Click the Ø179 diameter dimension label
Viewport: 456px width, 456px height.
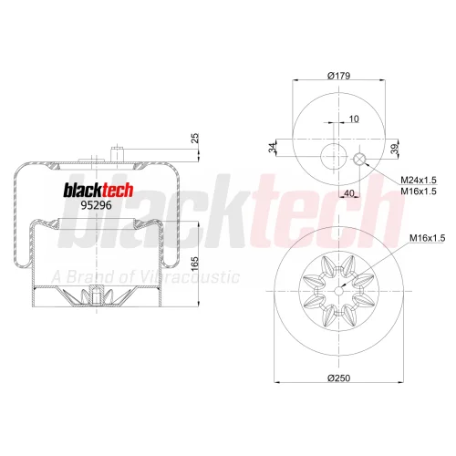pyautogui.click(x=339, y=76)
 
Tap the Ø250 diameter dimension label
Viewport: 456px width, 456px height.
pyautogui.click(x=339, y=378)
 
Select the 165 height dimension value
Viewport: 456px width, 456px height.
pyautogui.click(x=195, y=264)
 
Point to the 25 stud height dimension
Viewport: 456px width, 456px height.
pyautogui.click(x=195, y=138)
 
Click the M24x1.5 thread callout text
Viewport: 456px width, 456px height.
pyautogui.click(x=419, y=180)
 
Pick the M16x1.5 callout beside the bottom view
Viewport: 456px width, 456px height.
pyautogui.click(x=427, y=238)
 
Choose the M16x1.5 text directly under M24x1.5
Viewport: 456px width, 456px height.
pyautogui.click(x=419, y=192)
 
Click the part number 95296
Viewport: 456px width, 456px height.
pyautogui.click(x=96, y=205)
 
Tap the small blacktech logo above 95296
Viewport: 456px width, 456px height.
pyautogui.click(x=98, y=190)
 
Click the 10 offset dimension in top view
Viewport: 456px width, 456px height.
pyautogui.click(x=354, y=119)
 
